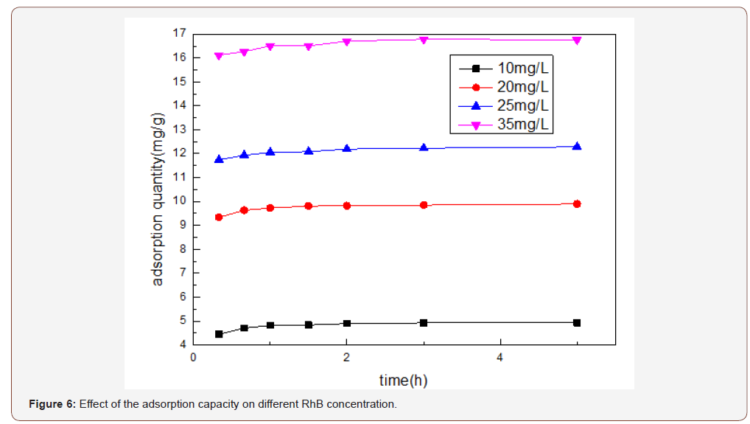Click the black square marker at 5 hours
point(577,323)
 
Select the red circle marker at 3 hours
point(424,205)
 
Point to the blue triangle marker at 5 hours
point(577,146)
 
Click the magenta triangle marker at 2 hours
point(347,41)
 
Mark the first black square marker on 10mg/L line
point(219,334)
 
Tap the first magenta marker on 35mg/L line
point(219,56)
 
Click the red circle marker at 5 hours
point(577,204)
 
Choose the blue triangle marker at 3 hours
point(424,147)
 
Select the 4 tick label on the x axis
point(500,358)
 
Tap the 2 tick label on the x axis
point(347,358)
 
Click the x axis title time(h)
point(403,380)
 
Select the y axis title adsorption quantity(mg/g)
point(158,199)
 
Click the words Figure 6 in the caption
point(52,405)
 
